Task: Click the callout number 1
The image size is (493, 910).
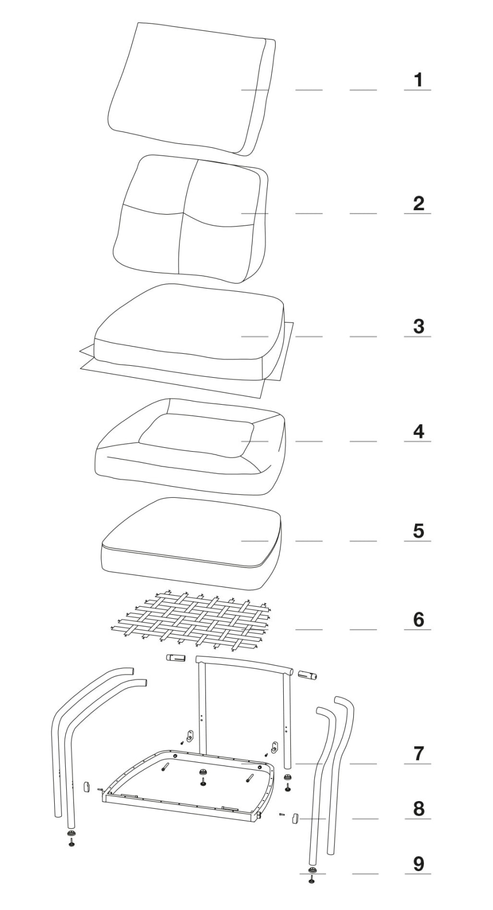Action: (418, 80)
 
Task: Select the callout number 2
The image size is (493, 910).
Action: (418, 204)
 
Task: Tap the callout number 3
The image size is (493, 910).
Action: (418, 327)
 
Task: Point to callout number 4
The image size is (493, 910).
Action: (418, 431)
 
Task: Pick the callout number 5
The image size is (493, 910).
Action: (418, 531)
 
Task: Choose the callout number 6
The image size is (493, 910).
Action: (418, 620)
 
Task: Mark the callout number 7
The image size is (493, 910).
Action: (418, 754)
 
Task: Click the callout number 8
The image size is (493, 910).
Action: (418, 809)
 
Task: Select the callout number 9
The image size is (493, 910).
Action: (418, 864)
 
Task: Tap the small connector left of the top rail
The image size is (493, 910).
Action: (176, 658)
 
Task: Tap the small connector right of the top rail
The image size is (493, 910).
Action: (307, 675)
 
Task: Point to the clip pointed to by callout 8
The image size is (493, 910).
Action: (294, 818)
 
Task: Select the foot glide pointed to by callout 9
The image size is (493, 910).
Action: (312, 869)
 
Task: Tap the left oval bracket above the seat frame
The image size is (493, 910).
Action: (190, 736)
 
